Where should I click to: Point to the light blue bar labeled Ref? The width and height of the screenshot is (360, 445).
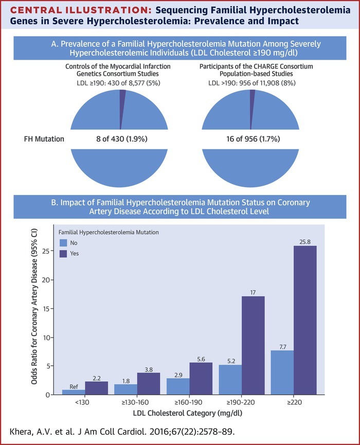pyautogui.click(x=74, y=392)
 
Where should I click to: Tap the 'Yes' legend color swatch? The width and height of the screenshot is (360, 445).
pyautogui.click(x=63, y=253)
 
